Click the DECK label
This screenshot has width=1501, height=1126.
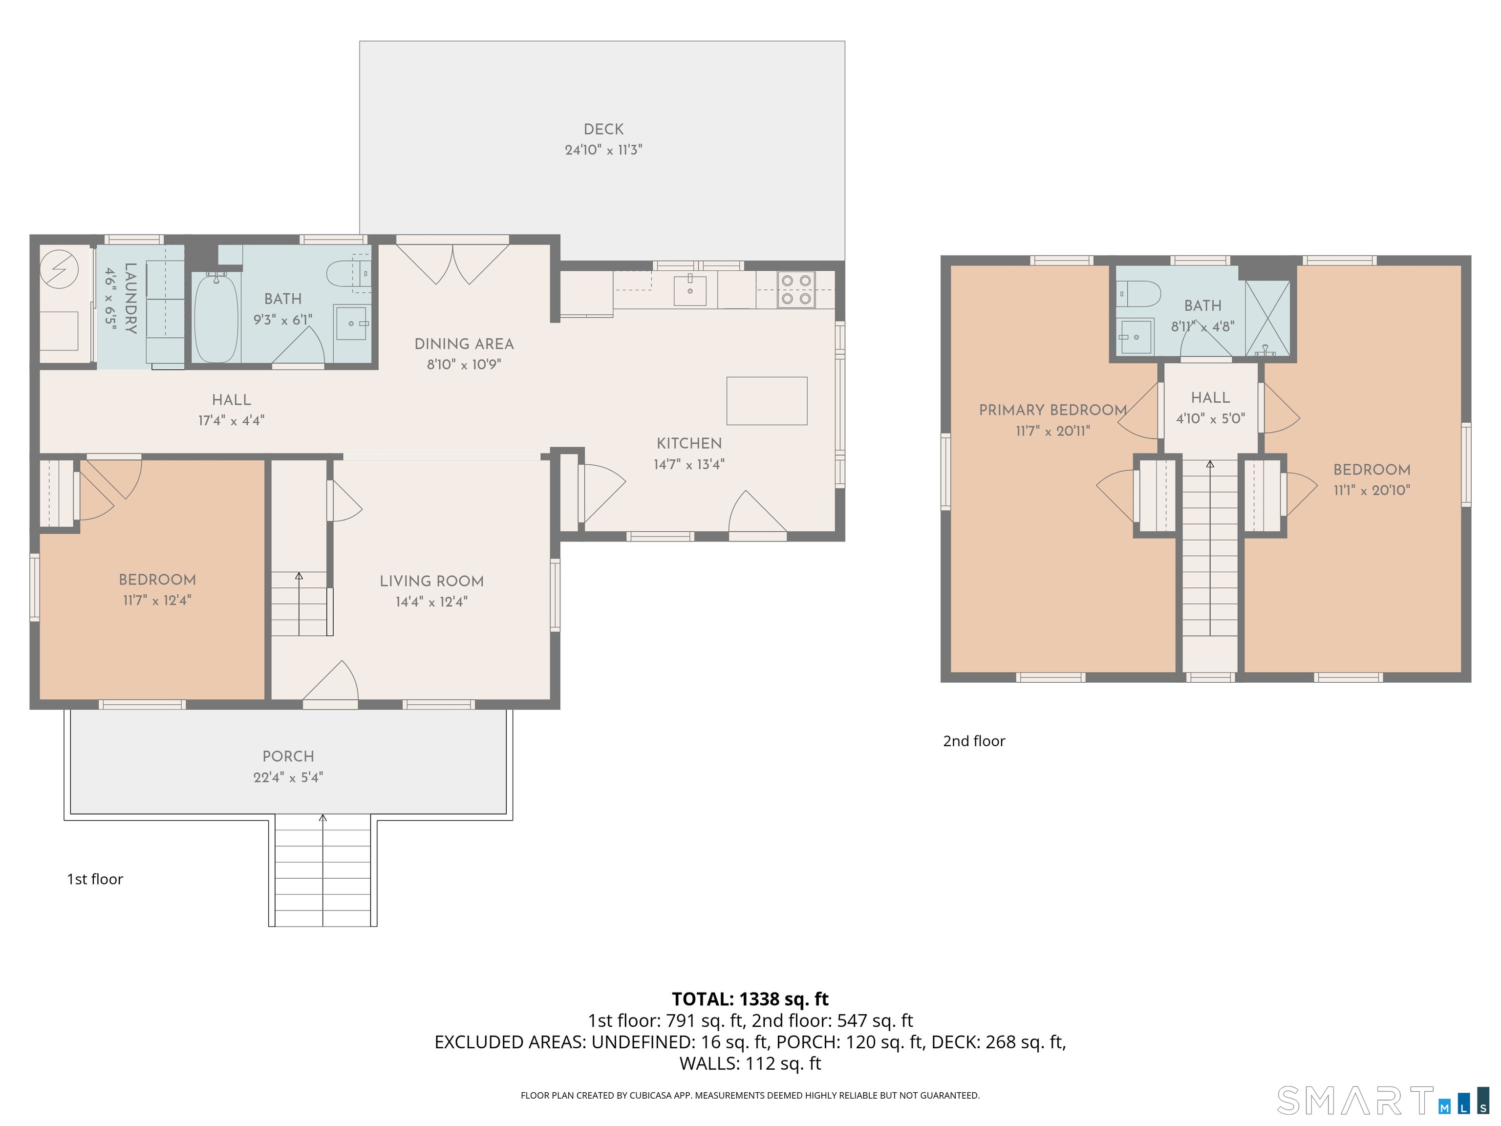pos(603,129)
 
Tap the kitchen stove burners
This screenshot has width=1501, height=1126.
pos(796,290)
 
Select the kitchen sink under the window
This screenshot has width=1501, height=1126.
pos(690,290)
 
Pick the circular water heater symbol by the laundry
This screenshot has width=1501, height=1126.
pos(59,269)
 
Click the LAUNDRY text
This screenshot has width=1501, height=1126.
pos(131,299)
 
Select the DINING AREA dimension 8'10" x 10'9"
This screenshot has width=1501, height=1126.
pos(464,365)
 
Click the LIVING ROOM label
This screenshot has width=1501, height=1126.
pos(431,581)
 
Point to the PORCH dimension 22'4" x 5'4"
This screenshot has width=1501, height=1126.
pos(288,777)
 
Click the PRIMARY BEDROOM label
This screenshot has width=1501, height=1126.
pos(1052,410)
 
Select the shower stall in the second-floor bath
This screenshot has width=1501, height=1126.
pos(1267,318)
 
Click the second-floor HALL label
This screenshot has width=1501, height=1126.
pos(1211,398)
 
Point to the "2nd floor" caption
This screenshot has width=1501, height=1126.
pos(974,741)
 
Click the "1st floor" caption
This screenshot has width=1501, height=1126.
pos(95,879)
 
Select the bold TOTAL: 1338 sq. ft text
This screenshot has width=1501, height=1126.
pos(750,999)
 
